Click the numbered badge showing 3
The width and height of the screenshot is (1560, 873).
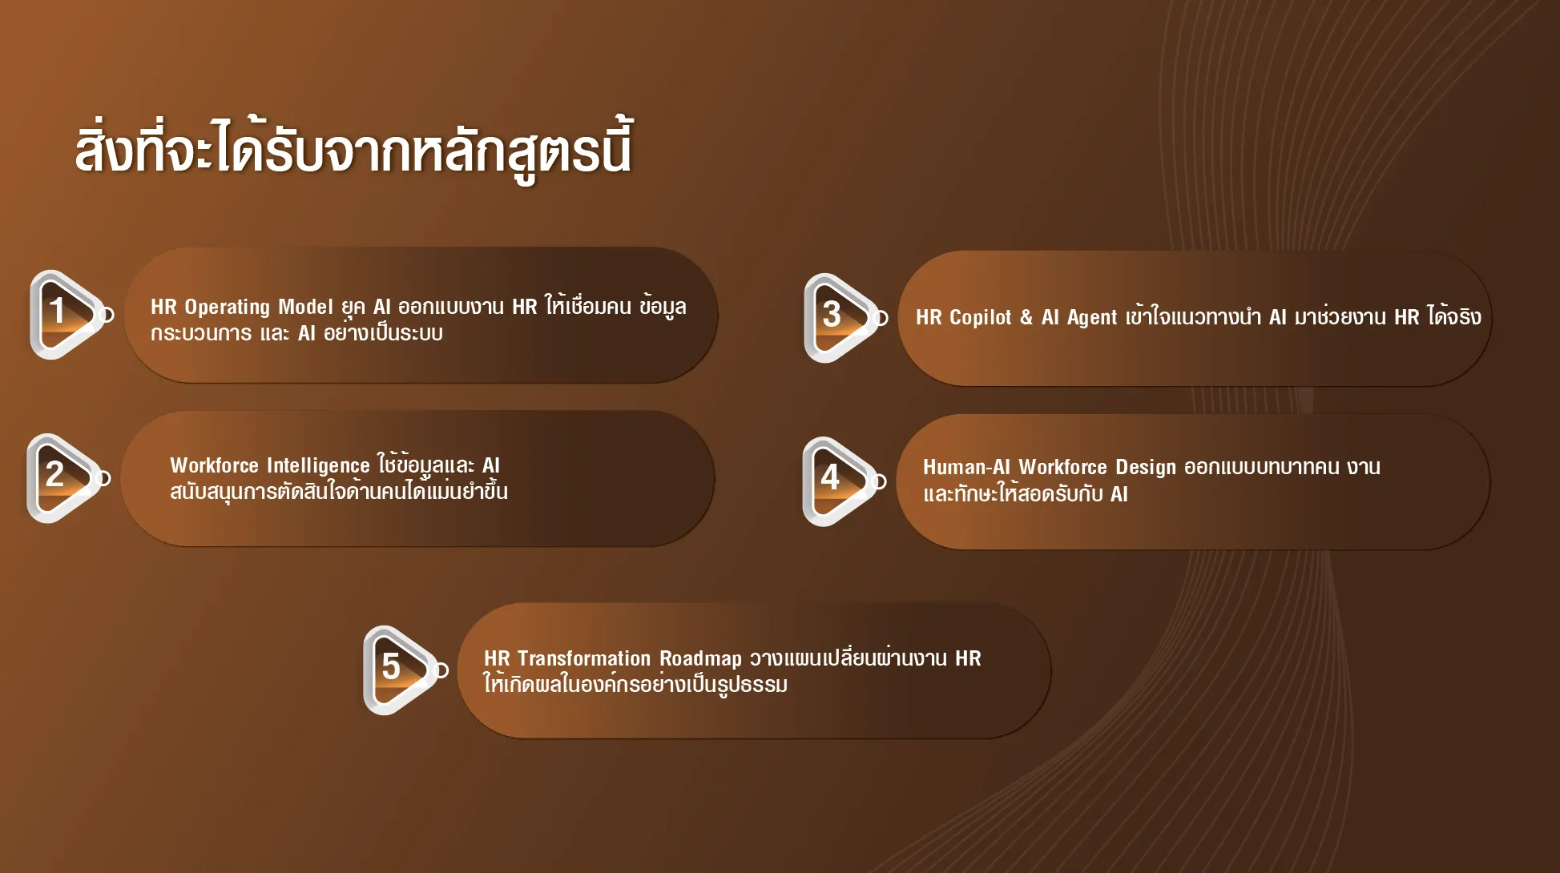point(840,318)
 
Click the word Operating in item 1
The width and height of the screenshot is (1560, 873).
point(228,308)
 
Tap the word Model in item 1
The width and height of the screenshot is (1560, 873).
point(305,307)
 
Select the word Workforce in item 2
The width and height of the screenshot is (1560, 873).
point(214,465)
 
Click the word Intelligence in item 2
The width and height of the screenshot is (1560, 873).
point(318,466)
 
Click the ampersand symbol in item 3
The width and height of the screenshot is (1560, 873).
point(1026,317)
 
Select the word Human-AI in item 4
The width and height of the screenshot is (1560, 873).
point(966,467)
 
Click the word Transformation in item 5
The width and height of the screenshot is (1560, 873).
point(584,658)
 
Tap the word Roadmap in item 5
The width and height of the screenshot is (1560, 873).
point(700,659)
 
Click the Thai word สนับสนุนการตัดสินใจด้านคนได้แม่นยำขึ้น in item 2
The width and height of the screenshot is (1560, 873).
point(339,490)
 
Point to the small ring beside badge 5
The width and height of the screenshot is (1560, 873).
point(441,670)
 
